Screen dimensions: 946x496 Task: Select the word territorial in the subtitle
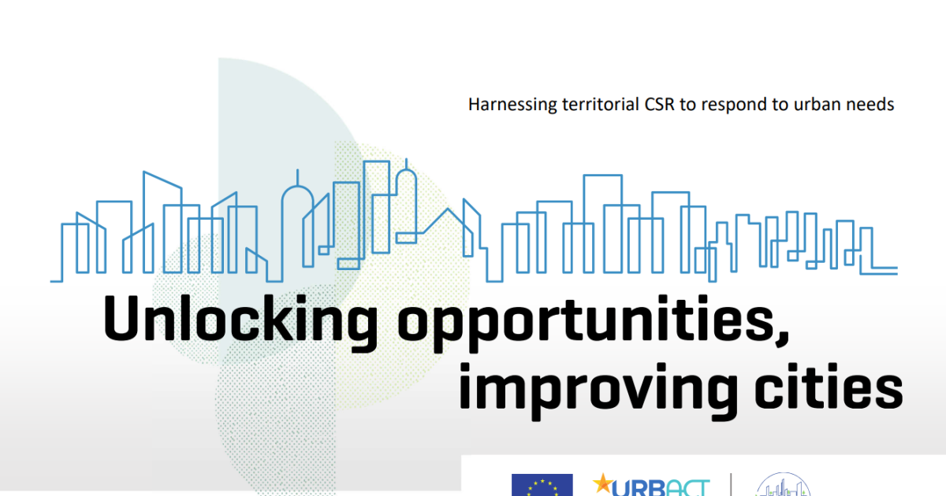(601, 104)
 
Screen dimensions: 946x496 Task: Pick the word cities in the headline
(829, 386)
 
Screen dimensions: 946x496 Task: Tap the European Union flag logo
(542, 485)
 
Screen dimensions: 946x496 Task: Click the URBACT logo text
(661, 488)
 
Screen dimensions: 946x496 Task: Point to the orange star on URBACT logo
(604, 483)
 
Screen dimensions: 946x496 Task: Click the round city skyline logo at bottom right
(784, 485)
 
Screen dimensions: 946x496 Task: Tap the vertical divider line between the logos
(731, 485)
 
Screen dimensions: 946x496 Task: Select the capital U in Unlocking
(121, 318)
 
